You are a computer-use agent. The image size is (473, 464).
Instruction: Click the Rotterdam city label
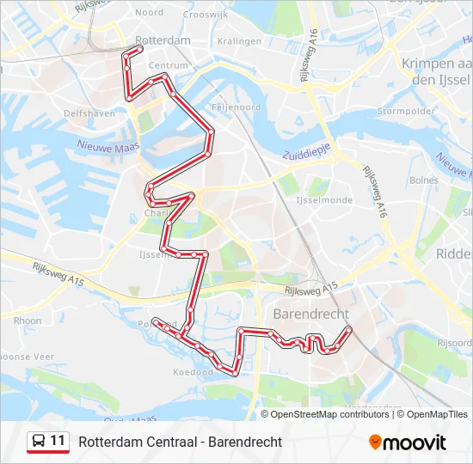coord(163,40)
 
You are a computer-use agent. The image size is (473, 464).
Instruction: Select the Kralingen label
coord(239,40)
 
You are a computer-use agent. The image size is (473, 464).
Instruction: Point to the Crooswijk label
coord(205,13)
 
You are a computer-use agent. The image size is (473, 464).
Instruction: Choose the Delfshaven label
coord(84,113)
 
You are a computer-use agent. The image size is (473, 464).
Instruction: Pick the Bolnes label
coord(424,180)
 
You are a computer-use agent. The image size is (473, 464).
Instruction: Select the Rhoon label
coord(27,321)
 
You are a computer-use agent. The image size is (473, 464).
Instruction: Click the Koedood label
coord(192,373)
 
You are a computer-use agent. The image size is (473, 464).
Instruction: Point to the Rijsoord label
coord(455,342)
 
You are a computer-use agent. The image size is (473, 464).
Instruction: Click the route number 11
coord(58,441)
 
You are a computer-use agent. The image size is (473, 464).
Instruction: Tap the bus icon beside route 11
coord(39,442)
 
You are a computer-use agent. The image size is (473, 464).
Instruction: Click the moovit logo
coord(408,442)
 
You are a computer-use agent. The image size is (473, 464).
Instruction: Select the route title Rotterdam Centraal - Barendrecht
coord(180,442)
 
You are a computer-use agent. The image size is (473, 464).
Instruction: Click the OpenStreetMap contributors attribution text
coord(329,414)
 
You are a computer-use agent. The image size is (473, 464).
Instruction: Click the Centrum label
coord(168,65)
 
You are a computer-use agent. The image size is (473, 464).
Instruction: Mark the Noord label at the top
coord(149,13)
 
